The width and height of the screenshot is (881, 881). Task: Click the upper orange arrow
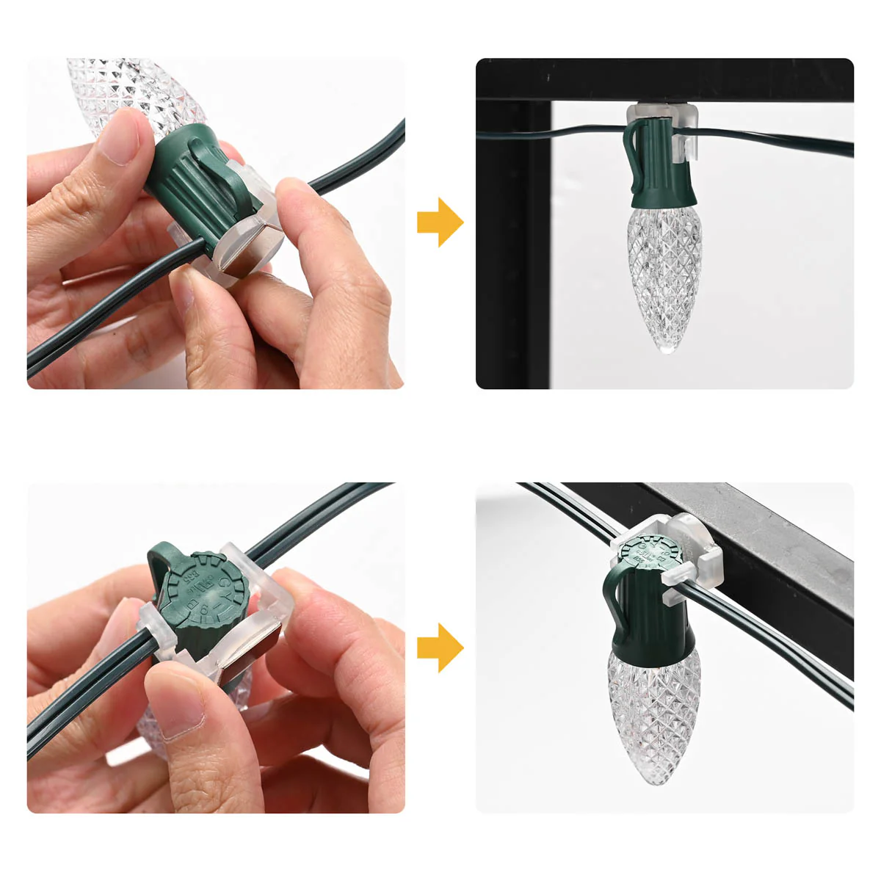tap(440, 222)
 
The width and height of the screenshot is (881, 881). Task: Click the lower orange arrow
tap(440, 648)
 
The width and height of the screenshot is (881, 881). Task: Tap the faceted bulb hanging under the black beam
tap(665, 279)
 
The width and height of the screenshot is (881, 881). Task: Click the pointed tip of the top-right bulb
tap(667, 349)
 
